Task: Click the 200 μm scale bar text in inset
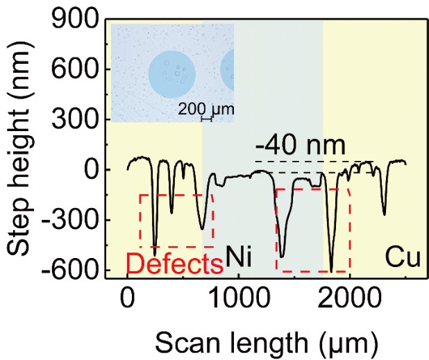(205, 108)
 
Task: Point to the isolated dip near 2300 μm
(384, 214)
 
